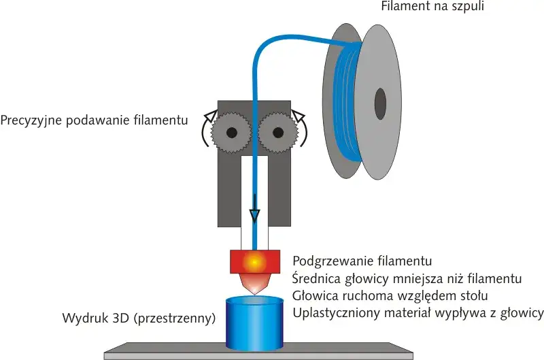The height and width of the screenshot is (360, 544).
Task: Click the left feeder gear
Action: (x=231, y=131)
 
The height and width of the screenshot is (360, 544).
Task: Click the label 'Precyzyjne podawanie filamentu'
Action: (x=94, y=120)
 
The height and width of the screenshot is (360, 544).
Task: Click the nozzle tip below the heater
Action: (x=255, y=291)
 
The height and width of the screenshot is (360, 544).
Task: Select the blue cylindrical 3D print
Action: (x=254, y=323)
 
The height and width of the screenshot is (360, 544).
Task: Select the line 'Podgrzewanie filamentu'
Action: (x=362, y=261)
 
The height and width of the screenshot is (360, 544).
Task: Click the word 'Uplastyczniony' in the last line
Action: (x=331, y=312)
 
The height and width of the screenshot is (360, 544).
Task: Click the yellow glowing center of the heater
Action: (x=254, y=261)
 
